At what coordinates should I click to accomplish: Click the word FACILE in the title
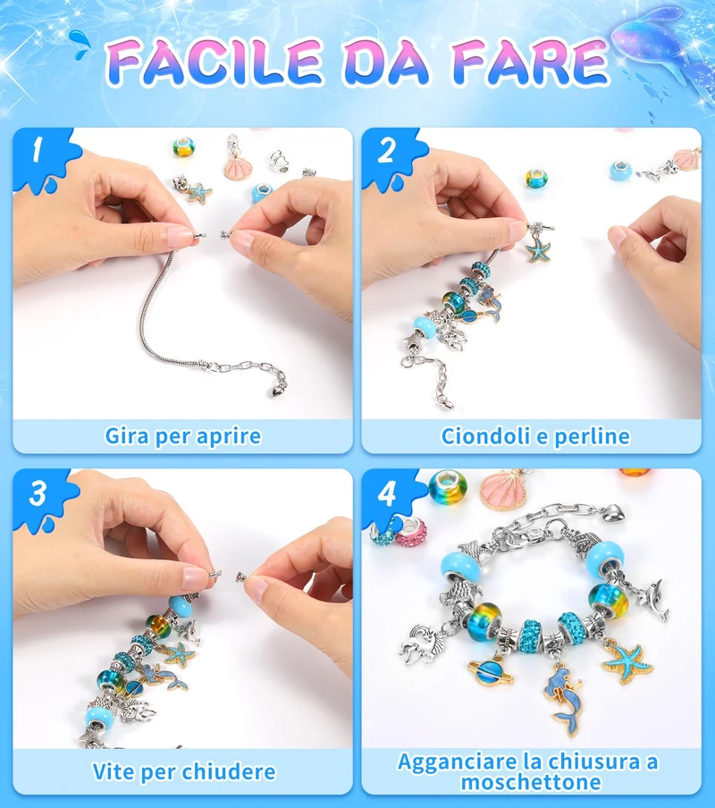coord(214,62)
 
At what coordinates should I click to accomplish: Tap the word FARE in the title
coord(531,63)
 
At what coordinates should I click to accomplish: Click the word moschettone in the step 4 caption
coord(531,782)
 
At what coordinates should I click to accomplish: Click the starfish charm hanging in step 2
coord(538,248)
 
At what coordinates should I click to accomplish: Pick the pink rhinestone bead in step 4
coord(410,532)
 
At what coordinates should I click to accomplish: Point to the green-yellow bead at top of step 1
coord(183,147)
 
